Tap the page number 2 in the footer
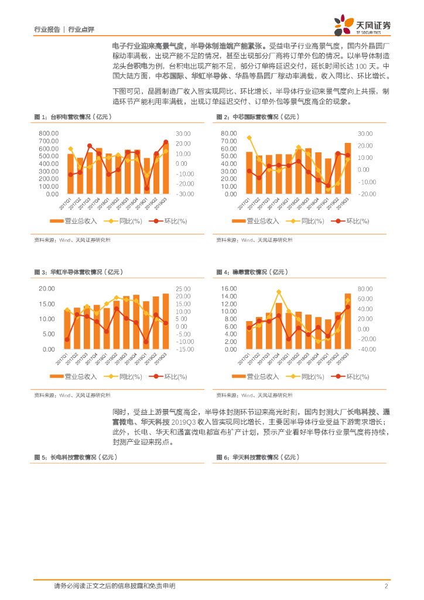(x=387, y=586)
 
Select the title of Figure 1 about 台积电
(x=73, y=117)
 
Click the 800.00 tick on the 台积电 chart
(x=49, y=134)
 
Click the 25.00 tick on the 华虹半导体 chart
(x=183, y=289)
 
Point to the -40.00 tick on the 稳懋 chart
(x=365, y=349)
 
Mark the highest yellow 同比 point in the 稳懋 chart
(x=279, y=292)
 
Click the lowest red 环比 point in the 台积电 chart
(x=146, y=189)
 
